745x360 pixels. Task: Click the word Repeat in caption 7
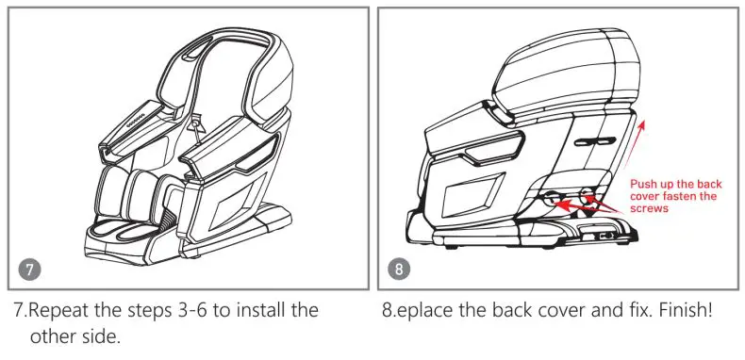(58, 309)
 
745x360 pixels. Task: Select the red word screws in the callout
(649, 209)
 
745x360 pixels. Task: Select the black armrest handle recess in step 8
(495, 147)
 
